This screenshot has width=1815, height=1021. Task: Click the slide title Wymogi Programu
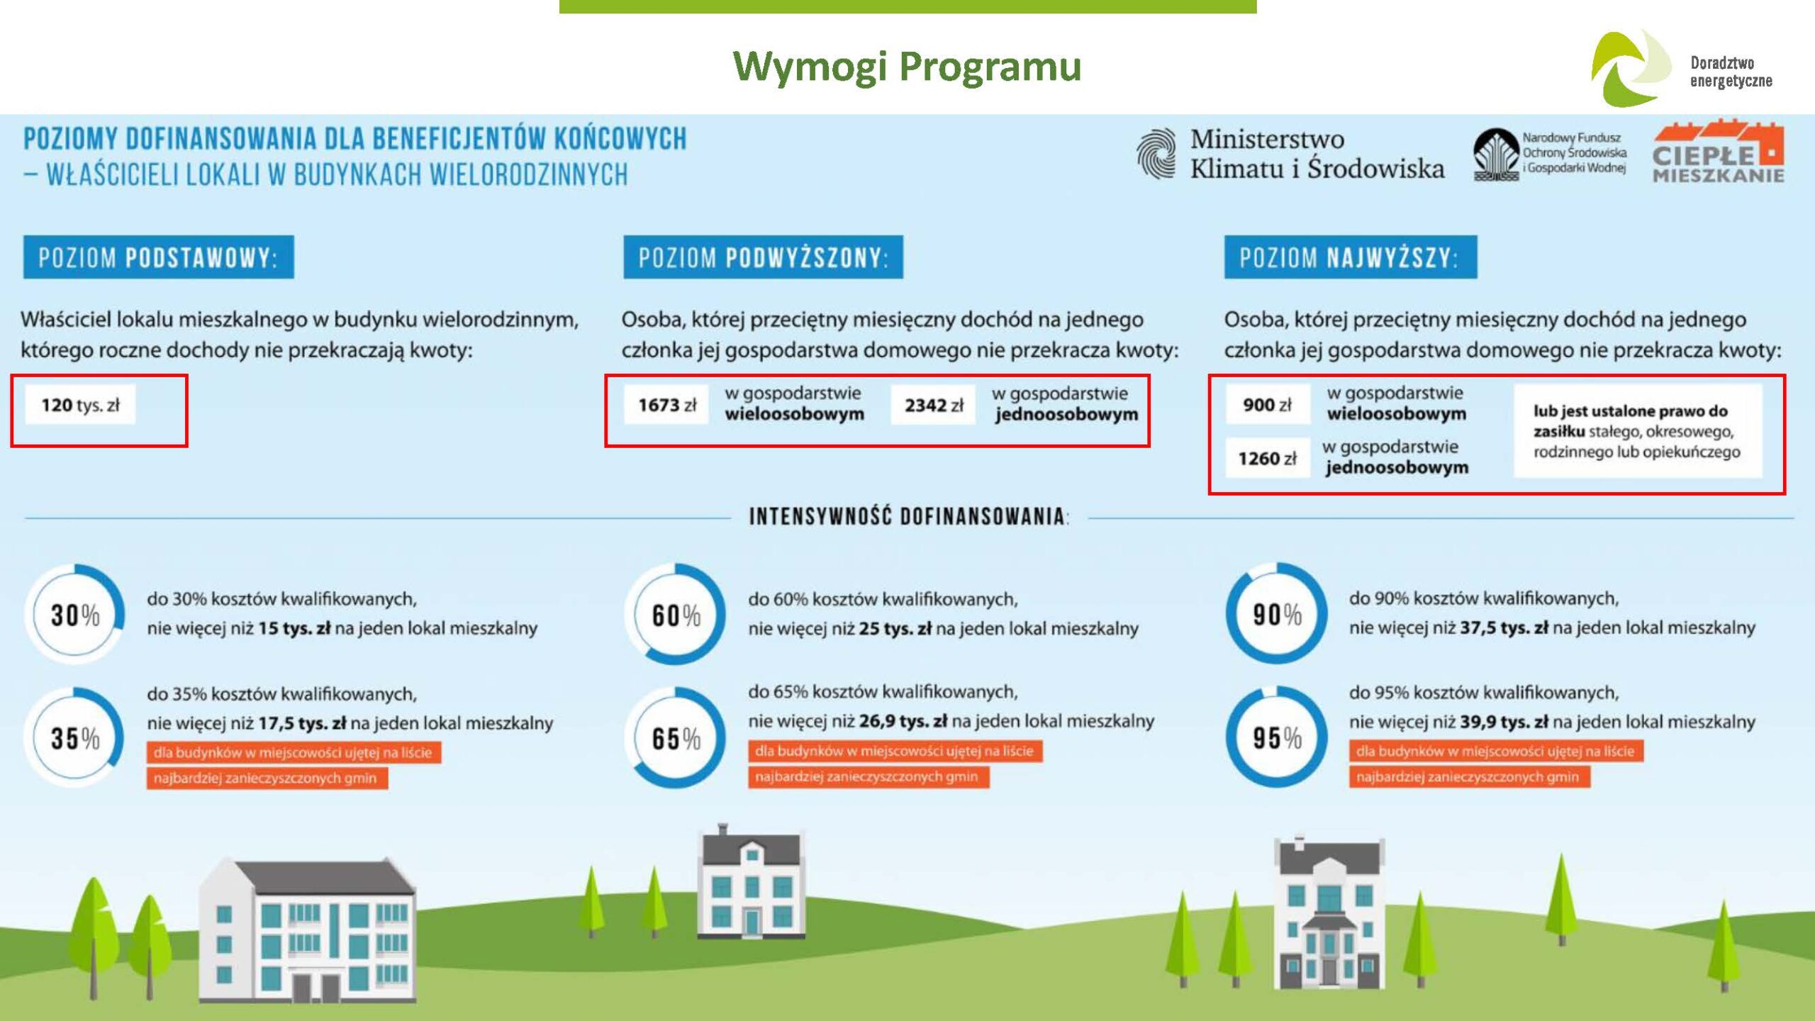(907, 67)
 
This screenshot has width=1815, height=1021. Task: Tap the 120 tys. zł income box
(80, 405)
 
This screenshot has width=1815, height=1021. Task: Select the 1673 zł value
(666, 405)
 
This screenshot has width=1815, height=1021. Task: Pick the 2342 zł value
(933, 405)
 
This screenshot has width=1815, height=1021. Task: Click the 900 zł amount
(1267, 405)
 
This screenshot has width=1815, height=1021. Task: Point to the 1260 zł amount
(1267, 459)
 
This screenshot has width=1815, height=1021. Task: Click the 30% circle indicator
(75, 614)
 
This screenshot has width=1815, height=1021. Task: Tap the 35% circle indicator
(75, 737)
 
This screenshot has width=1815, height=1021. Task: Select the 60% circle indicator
(676, 614)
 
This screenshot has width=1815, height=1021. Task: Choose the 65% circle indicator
(676, 737)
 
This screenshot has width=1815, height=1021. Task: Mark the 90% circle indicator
(1277, 614)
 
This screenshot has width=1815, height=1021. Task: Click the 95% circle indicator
(1277, 737)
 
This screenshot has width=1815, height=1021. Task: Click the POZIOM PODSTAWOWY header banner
(158, 257)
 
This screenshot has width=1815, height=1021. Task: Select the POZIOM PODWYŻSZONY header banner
(763, 257)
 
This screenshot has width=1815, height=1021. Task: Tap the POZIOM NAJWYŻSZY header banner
(1351, 257)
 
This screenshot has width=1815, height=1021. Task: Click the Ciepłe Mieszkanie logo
(1718, 152)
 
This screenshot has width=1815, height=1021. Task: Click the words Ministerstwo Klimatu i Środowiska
(1317, 154)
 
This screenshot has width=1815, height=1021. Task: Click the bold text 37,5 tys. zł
(1504, 627)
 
